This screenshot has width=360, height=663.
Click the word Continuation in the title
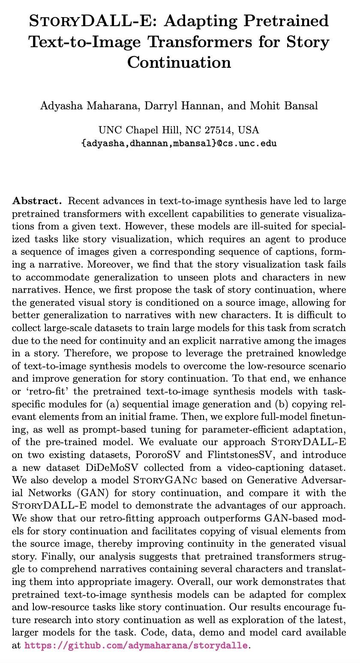coord(179,62)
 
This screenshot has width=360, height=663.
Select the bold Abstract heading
coord(37,201)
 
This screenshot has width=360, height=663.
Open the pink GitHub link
coord(136,645)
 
